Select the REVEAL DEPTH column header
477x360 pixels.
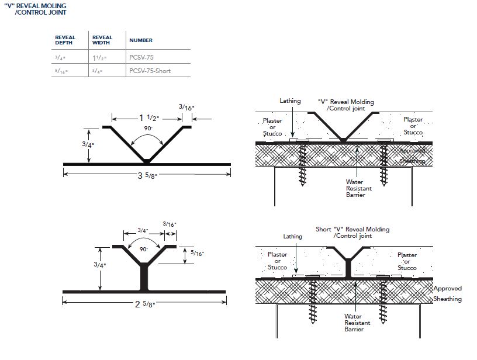coord(65,40)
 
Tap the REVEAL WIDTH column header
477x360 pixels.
coord(102,40)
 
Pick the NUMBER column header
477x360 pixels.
coord(141,40)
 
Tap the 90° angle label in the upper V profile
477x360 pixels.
coord(147,128)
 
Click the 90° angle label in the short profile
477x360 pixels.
coord(144,249)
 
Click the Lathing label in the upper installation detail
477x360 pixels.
coord(290,101)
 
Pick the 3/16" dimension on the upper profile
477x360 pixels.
coord(187,108)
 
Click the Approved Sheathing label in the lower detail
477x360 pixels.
coord(447,293)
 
